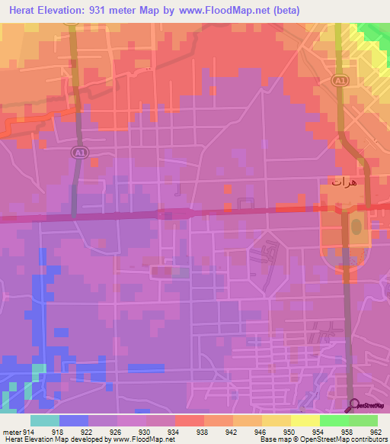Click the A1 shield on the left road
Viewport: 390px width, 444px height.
point(78,153)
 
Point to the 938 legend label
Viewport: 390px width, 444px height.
point(202,431)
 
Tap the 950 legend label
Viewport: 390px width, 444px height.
point(288,431)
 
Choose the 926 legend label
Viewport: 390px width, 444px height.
point(116,431)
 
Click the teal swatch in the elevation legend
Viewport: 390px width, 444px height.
point(45,420)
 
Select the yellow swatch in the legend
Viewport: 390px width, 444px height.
point(305,420)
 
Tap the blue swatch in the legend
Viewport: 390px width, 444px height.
point(74,420)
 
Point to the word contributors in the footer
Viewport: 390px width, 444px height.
point(365,439)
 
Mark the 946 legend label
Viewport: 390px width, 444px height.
point(259,431)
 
